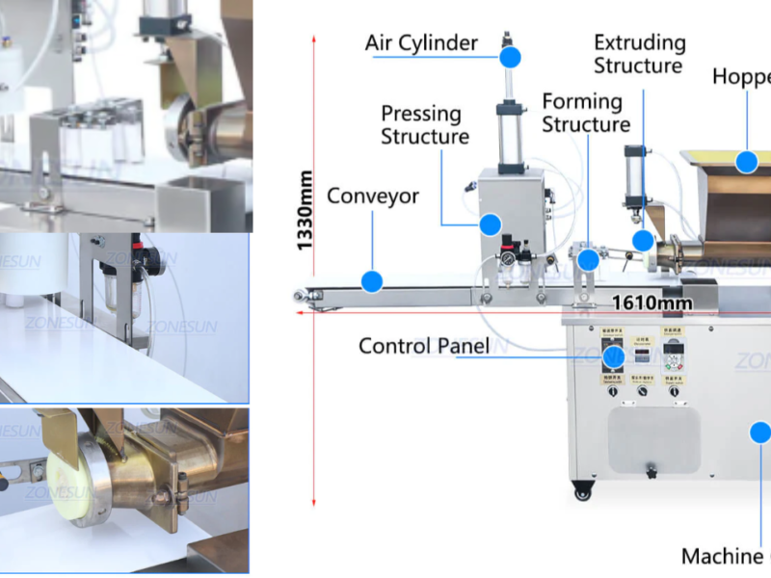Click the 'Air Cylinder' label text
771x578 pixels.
coord(421,43)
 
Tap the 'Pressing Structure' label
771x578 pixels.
coord(424,125)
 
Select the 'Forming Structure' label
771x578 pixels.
coord(586,113)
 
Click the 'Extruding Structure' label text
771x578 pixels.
coord(639,54)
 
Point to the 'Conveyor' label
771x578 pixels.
coord(373,197)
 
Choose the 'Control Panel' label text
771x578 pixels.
coord(424,346)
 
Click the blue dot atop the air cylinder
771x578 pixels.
coord(510,58)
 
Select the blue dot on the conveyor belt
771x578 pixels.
coord(372,281)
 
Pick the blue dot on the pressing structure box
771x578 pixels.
coord(490,225)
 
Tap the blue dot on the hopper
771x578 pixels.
coord(746,162)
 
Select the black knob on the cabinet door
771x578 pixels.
coord(651,472)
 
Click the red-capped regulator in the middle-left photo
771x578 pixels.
coord(150,256)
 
